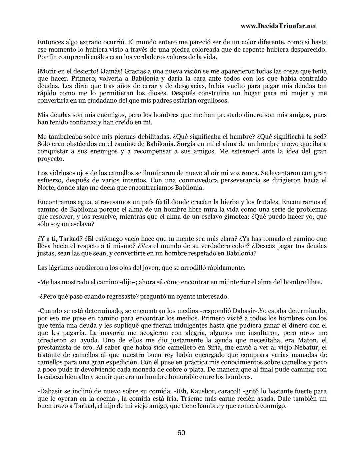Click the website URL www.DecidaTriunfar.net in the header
point(278,26)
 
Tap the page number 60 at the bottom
point(181,433)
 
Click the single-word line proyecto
point(50,159)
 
